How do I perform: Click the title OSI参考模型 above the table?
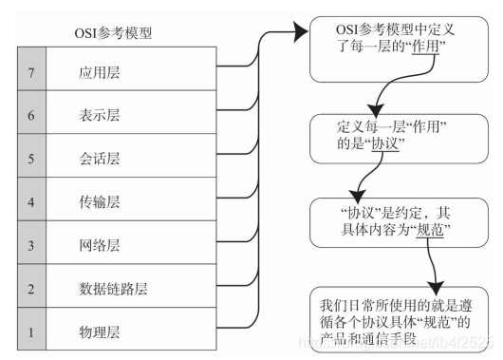tap(113, 33)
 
